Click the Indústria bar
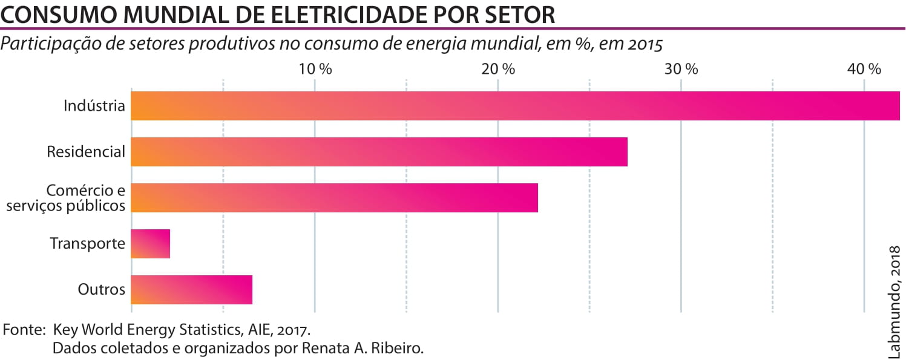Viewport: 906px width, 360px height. pos(514,106)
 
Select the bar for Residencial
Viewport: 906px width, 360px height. pos(379,152)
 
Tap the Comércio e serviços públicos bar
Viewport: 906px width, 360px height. pos(334,198)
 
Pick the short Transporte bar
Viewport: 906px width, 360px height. pos(151,244)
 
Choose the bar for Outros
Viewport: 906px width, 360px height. pos(191,290)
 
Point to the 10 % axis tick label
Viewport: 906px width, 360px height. pos(315,69)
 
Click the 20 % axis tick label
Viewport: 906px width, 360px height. pos(498,69)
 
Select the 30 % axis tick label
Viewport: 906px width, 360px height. pos(681,69)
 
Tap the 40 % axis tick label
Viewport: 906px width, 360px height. pos(864,69)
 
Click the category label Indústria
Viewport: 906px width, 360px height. pos(94,106)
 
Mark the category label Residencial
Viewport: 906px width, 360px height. pos(86,152)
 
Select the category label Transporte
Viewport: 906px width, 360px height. pos(87,244)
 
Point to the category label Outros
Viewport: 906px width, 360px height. pos(102,290)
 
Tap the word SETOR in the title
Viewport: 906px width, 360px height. pos(517,15)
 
